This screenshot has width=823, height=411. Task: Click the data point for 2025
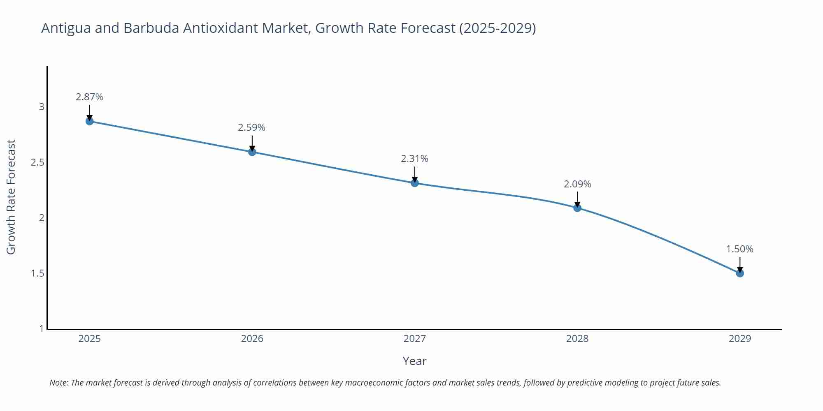click(89, 121)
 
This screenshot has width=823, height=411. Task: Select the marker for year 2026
click(252, 152)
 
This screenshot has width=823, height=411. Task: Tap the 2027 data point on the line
click(415, 183)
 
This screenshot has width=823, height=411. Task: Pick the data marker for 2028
click(577, 208)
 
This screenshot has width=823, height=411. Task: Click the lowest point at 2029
click(740, 273)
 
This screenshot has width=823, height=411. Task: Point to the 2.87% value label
click(89, 97)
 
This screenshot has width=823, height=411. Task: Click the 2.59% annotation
click(251, 127)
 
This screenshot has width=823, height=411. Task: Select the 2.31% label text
click(414, 159)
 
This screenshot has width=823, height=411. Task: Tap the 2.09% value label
click(577, 184)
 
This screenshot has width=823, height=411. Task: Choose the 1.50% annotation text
click(739, 249)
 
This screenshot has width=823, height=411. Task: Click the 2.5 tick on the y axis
click(37, 162)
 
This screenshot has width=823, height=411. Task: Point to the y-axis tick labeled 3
click(42, 107)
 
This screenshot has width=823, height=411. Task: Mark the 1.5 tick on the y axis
click(37, 273)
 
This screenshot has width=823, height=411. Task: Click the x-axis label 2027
click(414, 339)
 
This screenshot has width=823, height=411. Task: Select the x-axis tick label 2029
click(739, 339)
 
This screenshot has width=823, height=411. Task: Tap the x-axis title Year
click(414, 361)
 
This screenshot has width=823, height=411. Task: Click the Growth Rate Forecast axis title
click(11, 197)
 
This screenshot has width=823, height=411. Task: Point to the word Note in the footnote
click(58, 383)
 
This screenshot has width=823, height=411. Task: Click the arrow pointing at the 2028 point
click(577, 199)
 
